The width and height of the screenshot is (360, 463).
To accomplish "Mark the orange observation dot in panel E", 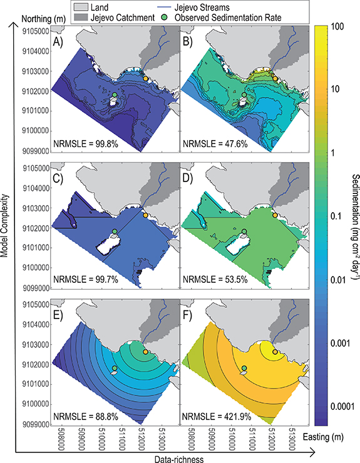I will [x=145, y=353].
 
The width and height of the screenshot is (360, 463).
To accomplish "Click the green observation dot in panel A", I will [x=115, y=95].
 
